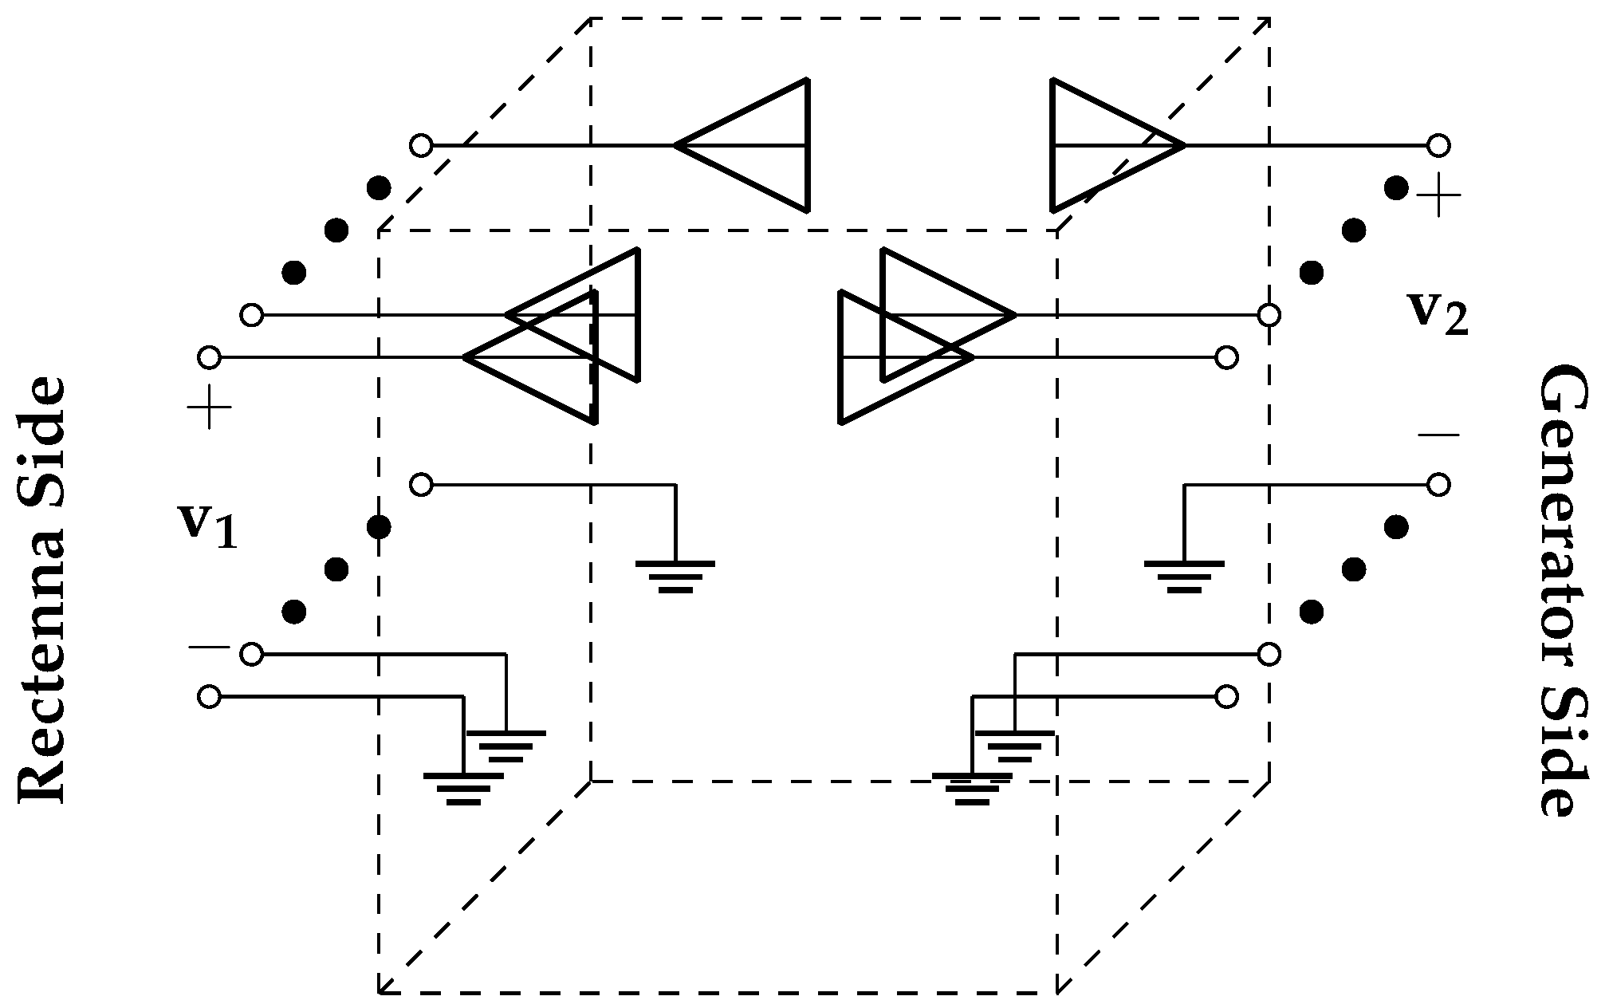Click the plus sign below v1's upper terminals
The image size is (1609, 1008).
[x=209, y=408]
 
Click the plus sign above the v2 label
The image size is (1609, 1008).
[x=1438, y=195]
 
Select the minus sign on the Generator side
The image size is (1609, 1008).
[x=1438, y=435]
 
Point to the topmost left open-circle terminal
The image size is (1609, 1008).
[x=421, y=146]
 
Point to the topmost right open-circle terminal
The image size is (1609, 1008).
[x=1438, y=146]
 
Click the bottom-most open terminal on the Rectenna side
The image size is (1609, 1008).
[x=209, y=697]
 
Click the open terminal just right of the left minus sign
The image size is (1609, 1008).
[x=251, y=655]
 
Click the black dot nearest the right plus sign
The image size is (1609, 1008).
[x=1396, y=188]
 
